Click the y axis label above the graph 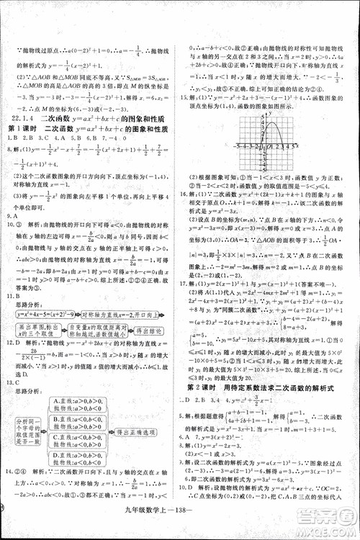click(266, 114)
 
